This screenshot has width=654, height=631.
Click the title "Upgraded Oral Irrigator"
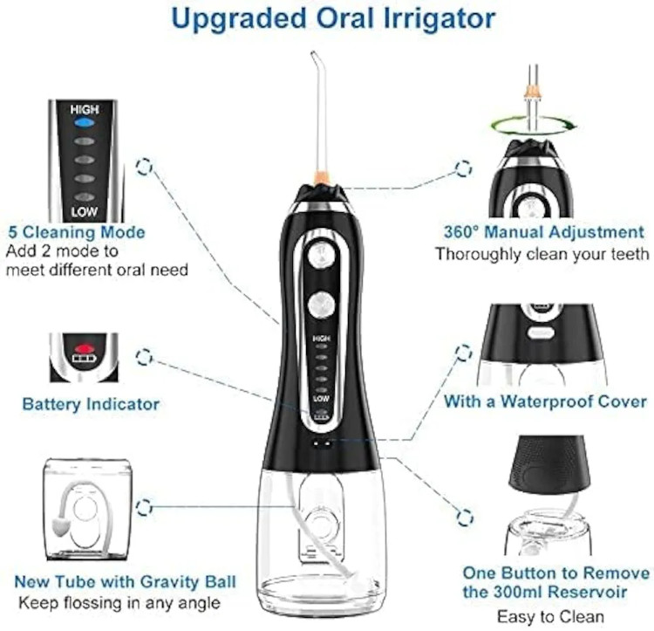pos(333,19)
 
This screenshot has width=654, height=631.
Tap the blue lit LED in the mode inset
pos(85,123)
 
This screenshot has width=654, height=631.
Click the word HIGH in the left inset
pos(85,109)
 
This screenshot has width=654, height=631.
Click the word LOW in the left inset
pos(84,212)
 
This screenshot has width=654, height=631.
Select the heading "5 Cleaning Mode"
pos(77,232)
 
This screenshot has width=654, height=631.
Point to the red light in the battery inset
pos(84,348)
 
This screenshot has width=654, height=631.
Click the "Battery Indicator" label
pos(91,404)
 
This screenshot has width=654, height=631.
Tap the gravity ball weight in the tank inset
pos(59,527)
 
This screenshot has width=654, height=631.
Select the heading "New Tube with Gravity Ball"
pos(125,581)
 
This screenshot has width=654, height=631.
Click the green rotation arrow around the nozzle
pos(534,126)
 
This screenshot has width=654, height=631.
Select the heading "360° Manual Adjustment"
pos(544,232)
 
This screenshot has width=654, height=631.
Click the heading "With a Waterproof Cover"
pos(545,401)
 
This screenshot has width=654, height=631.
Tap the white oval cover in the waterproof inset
pos(541,333)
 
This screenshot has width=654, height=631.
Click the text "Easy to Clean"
pos(550,616)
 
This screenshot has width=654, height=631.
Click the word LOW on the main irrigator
pos(321,399)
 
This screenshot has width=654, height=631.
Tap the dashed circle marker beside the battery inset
pos(144,357)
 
